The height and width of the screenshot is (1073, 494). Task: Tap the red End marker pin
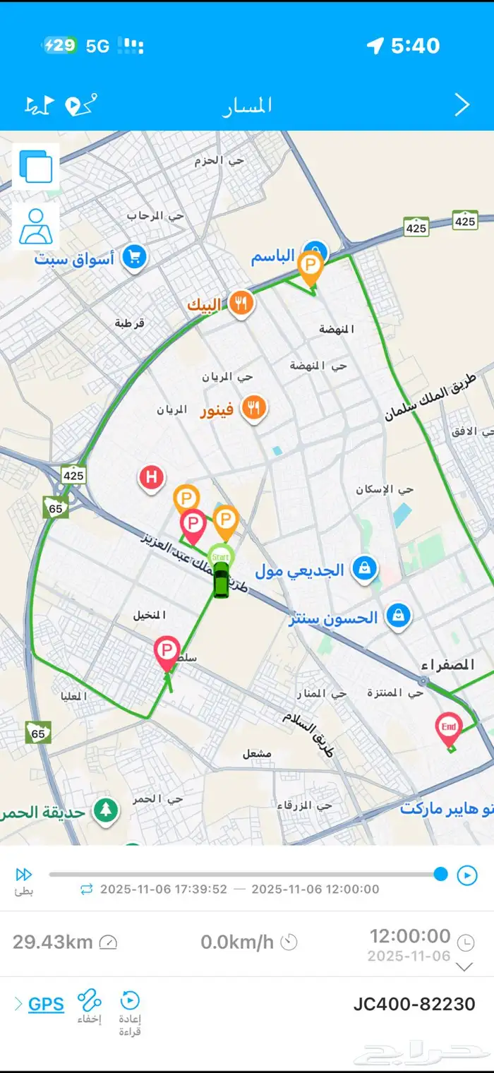tap(449, 728)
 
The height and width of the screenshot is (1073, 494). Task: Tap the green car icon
tap(222, 581)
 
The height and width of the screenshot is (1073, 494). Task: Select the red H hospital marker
tap(150, 478)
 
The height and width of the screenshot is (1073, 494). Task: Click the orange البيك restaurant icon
tap(241, 304)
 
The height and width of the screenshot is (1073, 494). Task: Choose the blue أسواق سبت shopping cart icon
tap(133, 257)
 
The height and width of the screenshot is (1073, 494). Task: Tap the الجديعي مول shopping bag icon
tap(365, 568)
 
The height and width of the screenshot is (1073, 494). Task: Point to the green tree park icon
tap(106, 810)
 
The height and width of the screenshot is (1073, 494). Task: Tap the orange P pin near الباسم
tap(310, 266)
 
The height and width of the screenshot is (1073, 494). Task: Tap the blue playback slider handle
tap(441, 875)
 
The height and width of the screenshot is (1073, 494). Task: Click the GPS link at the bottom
tap(46, 1004)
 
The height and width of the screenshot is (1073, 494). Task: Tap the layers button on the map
tap(36, 167)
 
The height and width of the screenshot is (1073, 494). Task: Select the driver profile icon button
tap(36, 227)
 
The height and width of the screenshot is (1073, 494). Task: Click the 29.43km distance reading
tap(54, 942)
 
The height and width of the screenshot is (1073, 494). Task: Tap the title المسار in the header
tap(247, 106)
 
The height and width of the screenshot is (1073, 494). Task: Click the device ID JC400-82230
tap(414, 1004)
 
